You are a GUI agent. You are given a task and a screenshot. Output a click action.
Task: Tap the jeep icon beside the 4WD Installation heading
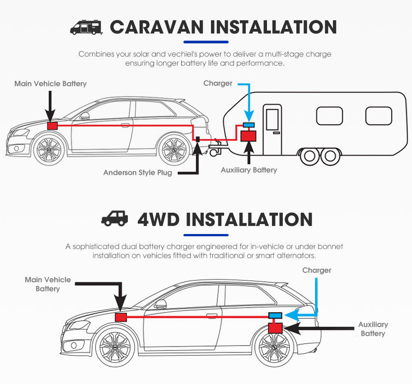click(115, 219)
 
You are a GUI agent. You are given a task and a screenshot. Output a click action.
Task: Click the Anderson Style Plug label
click(137, 173)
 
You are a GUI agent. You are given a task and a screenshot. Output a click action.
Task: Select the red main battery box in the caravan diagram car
click(53, 126)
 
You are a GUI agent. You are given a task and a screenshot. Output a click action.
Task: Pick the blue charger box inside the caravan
click(248, 124)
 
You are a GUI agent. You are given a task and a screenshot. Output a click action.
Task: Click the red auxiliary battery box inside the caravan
click(248, 136)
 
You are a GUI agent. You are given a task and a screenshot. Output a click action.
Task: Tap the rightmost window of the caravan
click(379, 116)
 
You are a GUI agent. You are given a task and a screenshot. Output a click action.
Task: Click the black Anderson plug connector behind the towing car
click(197, 137)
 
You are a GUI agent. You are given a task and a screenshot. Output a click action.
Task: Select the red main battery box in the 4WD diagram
click(121, 317)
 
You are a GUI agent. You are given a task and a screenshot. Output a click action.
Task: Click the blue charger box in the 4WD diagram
click(276, 315)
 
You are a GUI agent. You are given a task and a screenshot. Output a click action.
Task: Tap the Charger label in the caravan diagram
click(218, 84)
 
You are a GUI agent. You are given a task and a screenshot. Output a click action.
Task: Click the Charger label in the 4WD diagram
click(317, 270)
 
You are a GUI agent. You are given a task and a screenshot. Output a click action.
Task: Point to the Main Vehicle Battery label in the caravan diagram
click(50, 84)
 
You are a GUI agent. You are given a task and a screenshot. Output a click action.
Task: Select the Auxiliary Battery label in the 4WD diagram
click(373, 329)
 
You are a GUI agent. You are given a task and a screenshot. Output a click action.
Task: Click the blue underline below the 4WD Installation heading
click(206, 235)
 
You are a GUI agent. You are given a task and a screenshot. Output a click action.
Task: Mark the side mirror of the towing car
click(84, 116)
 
